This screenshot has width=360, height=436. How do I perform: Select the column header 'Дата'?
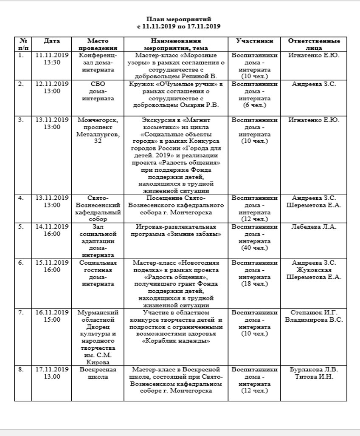click(52, 41)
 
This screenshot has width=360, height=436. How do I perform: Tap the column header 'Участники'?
click(254, 41)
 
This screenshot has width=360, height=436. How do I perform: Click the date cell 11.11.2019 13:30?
click(52, 59)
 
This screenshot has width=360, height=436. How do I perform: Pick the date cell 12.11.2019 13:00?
click(52, 88)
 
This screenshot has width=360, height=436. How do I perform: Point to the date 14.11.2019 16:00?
click(52, 230)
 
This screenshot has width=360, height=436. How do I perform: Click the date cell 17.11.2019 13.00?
click(52, 373)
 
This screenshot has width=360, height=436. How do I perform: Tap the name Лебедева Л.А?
click(314, 227)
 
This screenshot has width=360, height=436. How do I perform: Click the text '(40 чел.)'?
click(254, 248)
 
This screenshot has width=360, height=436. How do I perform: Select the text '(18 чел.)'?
click(254, 284)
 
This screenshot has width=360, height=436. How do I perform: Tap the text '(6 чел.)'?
click(254, 105)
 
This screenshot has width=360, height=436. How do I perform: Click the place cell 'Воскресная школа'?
click(98, 373)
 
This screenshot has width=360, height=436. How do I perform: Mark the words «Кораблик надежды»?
click(176, 341)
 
